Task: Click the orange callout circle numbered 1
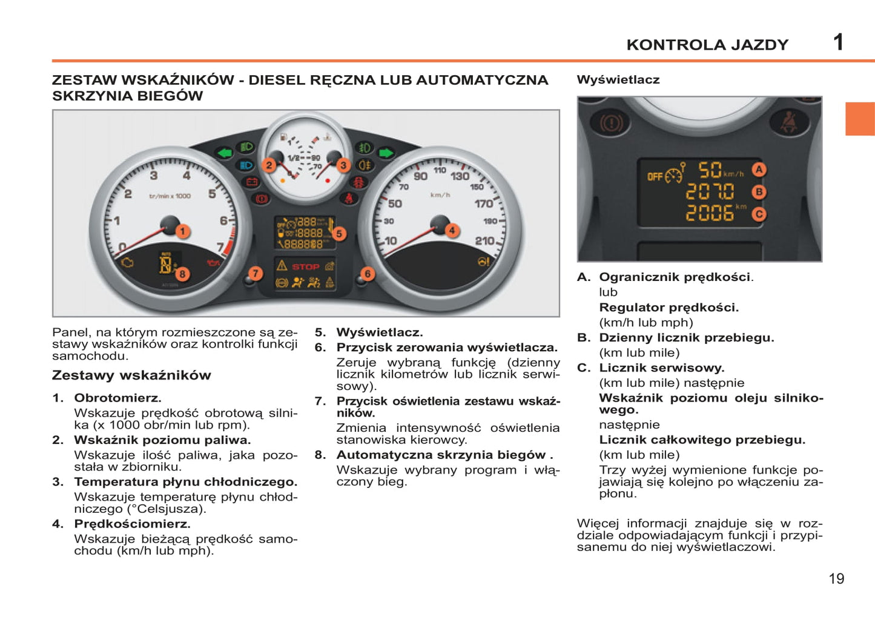point(182,231)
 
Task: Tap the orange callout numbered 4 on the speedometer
point(452,230)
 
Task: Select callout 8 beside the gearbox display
point(182,274)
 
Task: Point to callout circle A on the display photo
point(759,170)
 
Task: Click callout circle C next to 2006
point(759,214)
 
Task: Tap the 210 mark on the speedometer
point(484,240)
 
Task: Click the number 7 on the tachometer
point(221,247)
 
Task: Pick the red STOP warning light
point(305,266)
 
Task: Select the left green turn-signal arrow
point(225,153)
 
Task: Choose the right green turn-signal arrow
point(386,153)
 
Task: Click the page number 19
point(836,579)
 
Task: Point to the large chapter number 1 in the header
point(838,42)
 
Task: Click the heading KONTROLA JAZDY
point(707,45)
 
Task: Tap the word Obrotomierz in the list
point(117,398)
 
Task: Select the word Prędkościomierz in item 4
point(132,524)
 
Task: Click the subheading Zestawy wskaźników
point(131,375)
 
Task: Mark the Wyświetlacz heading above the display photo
point(618,80)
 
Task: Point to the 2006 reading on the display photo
point(710,213)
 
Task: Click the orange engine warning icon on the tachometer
point(128,262)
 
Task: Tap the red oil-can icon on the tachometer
point(213,263)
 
